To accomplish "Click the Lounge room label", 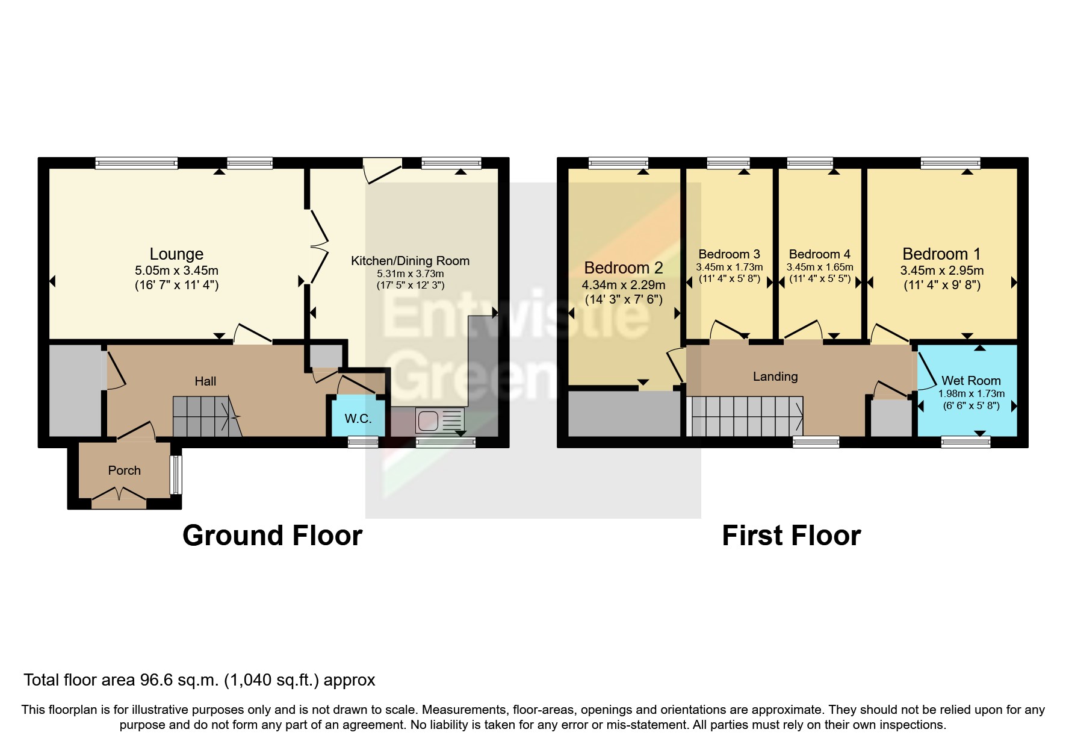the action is [x=176, y=254].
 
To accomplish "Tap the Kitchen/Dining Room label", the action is [x=410, y=261].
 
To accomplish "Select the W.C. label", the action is [x=358, y=419].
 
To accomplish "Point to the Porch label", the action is [x=125, y=470].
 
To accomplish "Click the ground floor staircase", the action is [x=207, y=416].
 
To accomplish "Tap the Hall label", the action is [x=205, y=381].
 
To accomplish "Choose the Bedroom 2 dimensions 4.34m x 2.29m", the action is [x=624, y=285].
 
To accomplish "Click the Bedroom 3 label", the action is [x=729, y=254].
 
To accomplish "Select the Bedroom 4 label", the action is [x=819, y=254].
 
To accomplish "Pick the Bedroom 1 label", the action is [x=941, y=254].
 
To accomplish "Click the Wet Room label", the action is [x=971, y=381].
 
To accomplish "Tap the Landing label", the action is [x=775, y=377].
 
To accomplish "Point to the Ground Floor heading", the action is [x=272, y=536].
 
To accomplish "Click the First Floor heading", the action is [x=791, y=536].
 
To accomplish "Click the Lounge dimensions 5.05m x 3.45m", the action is [x=176, y=270].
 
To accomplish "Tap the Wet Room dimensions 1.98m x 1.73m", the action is [x=971, y=394].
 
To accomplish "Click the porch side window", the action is [x=175, y=475].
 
